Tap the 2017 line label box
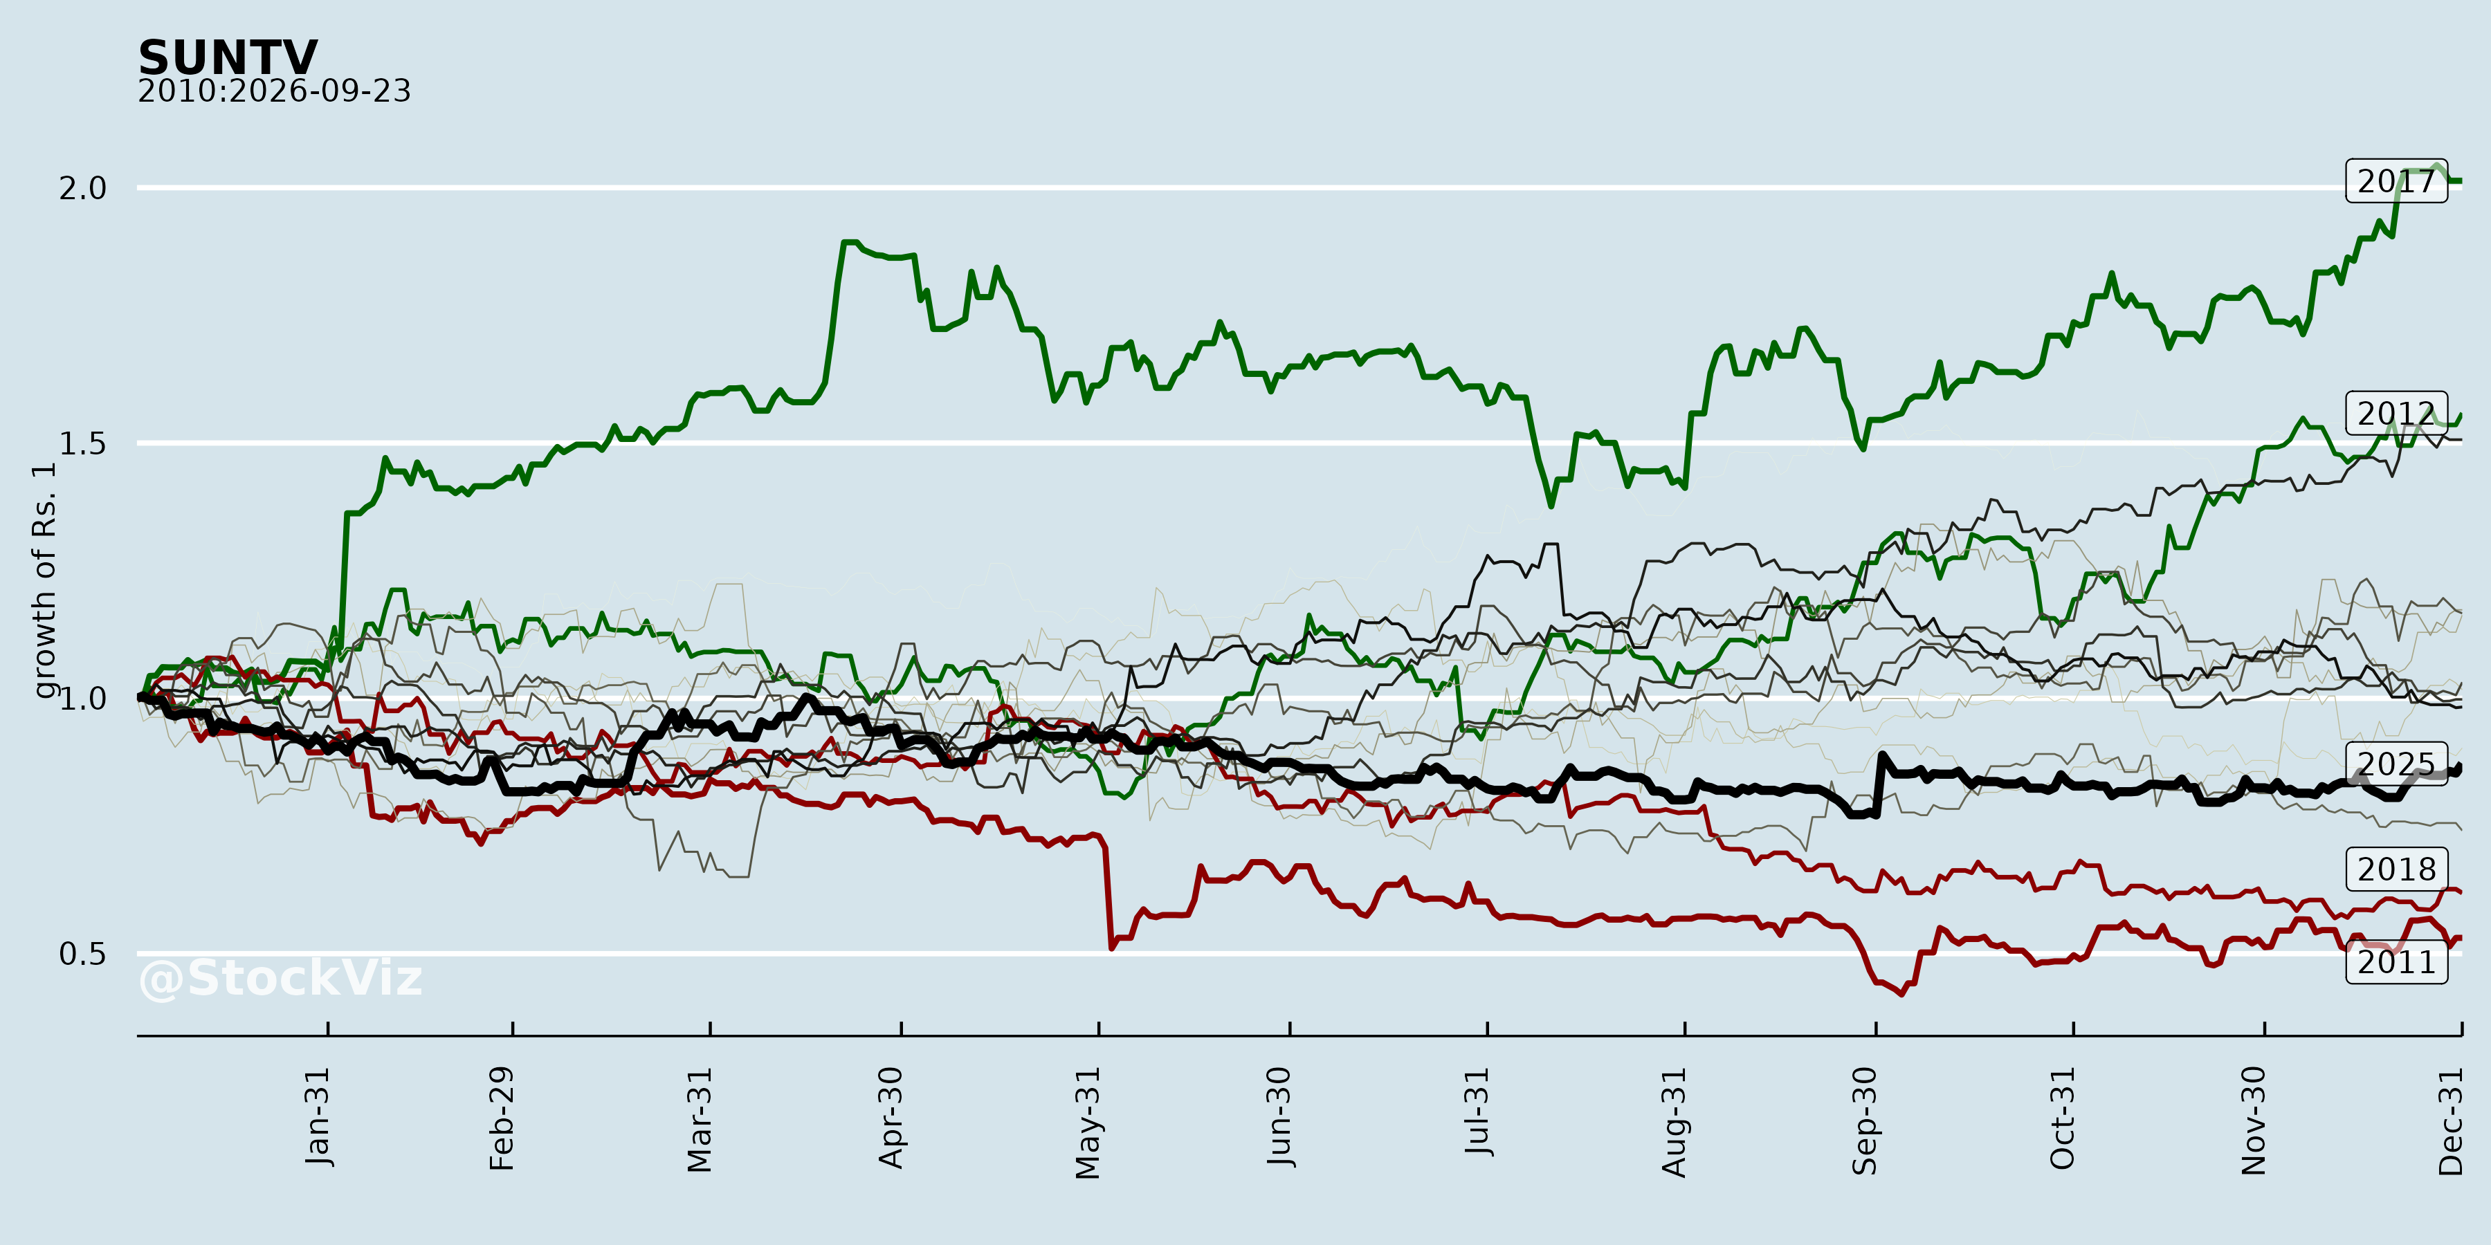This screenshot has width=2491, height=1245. tap(2396, 181)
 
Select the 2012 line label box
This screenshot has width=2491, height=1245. tap(2396, 413)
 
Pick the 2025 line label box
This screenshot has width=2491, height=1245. tap(2396, 764)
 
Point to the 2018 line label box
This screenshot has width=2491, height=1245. tap(2396, 869)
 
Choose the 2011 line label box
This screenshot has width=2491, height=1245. tap(2396, 962)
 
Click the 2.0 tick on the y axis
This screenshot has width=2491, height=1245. tap(83, 187)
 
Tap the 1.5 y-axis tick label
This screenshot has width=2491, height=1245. tap(83, 443)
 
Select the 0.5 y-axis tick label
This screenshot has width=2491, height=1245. tap(83, 953)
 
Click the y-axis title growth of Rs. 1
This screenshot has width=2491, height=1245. tap(44, 580)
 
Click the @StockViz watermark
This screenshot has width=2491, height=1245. tap(280, 978)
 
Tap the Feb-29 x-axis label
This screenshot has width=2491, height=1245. tap(502, 1118)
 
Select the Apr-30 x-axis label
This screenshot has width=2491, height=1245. tap(891, 1118)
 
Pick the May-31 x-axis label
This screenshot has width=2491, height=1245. tap(1088, 1123)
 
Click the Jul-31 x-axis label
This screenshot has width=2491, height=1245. tap(1477, 1112)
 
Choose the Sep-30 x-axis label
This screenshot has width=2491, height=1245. tap(1865, 1121)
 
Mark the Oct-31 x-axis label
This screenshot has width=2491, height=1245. tap(2063, 1118)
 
